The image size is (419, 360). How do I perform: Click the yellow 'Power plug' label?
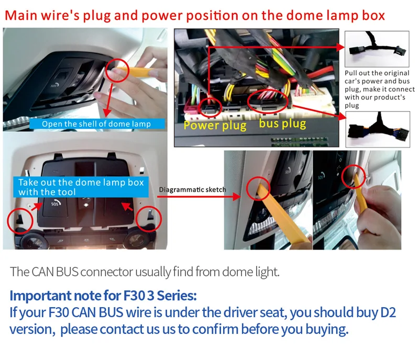pos(215,126)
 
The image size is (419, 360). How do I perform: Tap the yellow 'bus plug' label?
pos(282,124)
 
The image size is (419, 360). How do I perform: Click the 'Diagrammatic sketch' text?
pos(192,189)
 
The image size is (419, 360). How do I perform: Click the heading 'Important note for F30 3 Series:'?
pos(103,296)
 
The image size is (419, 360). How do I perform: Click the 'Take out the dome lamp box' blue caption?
pos(81,187)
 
